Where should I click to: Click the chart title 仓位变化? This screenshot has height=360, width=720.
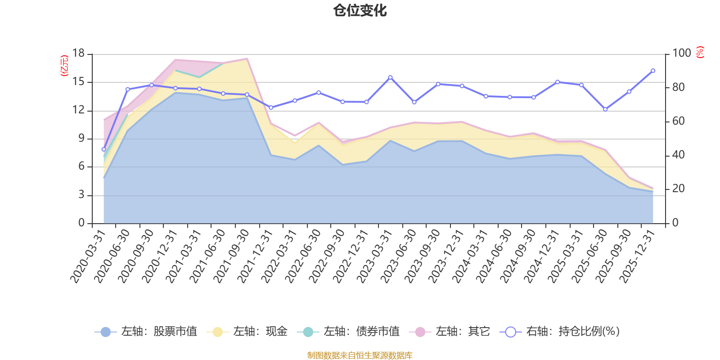(x=360, y=11)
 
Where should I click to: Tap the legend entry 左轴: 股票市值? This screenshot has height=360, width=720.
(x=146, y=331)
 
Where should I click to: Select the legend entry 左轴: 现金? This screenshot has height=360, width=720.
(x=247, y=331)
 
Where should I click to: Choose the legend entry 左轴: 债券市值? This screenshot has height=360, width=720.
(x=348, y=331)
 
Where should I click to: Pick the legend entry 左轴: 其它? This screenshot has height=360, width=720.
(x=450, y=331)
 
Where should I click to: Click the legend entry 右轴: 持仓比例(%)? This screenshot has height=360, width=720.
(x=560, y=331)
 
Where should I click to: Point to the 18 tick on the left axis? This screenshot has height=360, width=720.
(x=78, y=54)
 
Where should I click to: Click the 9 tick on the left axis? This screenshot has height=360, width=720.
(x=81, y=139)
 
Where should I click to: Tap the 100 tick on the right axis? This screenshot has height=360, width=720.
(x=681, y=54)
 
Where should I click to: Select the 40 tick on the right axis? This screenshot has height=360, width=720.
(x=678, y=155)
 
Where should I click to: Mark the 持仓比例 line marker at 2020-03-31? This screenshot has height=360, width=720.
(x=104, y=149)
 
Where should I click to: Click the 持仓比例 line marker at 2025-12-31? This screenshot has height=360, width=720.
(x=653, y=71)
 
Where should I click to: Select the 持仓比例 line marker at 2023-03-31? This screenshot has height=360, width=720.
(x=390, y=77)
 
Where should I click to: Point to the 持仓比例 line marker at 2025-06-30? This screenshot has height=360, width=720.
(x=605, y=109)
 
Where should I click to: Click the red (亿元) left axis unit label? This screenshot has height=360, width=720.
(x=64, y=66)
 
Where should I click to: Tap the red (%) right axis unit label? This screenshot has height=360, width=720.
(x=700, y=52)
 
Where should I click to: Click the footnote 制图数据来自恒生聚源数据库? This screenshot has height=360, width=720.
(x=360, y=355)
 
